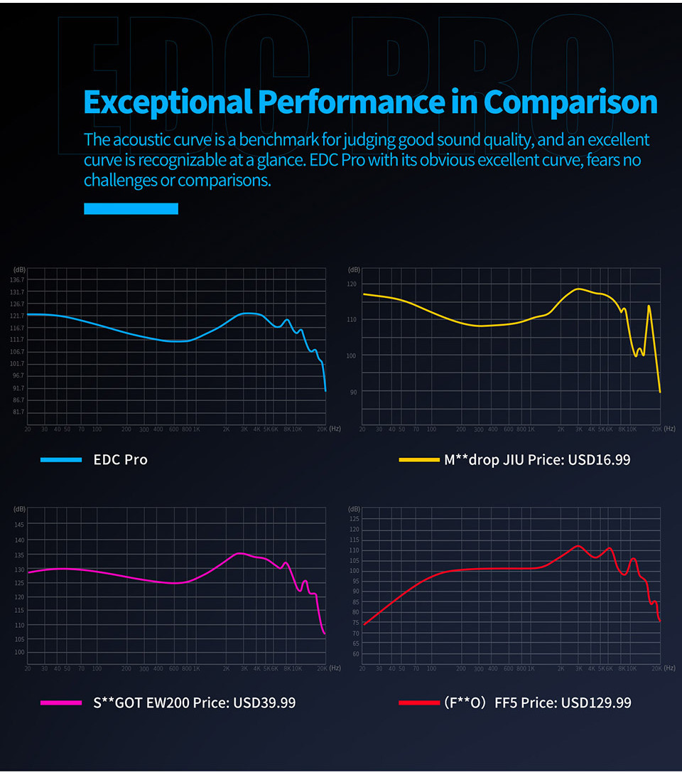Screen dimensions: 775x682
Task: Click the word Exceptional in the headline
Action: click(167, 102)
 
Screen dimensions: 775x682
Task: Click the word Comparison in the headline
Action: click(570, 102)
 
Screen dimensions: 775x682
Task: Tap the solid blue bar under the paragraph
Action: click(131, 208)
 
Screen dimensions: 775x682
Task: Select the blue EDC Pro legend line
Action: click(62, 460)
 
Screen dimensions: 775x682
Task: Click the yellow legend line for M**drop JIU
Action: click(419, 460)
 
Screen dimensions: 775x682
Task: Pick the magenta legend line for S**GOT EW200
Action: click(62, 702)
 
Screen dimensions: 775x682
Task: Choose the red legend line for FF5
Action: click(419, 702)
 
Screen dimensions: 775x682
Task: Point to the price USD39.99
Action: click(262, 702)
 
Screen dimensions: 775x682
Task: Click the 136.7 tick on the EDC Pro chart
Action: click(18, 279)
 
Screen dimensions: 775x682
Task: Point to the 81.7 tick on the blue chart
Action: click(18, 412)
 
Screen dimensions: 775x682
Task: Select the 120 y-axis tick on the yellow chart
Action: click(352, 284)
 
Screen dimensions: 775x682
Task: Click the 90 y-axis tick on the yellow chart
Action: click(352, 392)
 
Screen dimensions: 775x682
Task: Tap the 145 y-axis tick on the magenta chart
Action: click(19, 525)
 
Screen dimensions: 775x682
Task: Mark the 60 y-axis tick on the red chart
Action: click(354, 654)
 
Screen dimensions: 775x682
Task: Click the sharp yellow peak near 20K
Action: click(649, 306)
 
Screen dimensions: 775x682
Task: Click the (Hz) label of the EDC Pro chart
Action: click(335, 429)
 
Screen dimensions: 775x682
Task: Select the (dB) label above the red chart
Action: click(354, 509)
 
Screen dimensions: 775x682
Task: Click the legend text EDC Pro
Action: click(120, 460)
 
